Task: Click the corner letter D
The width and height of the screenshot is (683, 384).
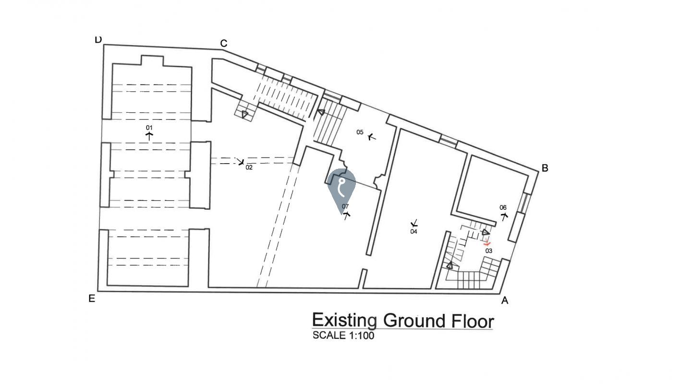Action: [x=98, y=40]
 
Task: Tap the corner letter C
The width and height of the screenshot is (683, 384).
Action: [x=223, y=44]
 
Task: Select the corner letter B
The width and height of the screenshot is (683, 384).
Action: [x=545, y=168]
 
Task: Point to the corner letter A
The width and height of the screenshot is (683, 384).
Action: [x=505, y=300]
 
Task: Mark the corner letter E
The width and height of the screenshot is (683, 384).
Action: [x=92, y=299]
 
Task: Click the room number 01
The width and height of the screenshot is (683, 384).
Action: [x=149, y=127]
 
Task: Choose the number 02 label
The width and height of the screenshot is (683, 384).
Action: [x=249, y=168]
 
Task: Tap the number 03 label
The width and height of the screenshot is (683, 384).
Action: [x=489, y=251]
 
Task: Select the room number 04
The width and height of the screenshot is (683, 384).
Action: [x=414, y=231]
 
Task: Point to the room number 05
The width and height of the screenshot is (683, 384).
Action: [x=360, y=132]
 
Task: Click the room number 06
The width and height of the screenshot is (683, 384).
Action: [x=503, y=207]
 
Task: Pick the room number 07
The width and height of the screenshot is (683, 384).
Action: [x=345, y=206]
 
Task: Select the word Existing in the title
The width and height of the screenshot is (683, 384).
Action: [x=344, y=321]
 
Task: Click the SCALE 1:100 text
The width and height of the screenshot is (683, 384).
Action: [x=343, y=336]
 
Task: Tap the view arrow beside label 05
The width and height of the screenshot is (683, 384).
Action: [x=371, y=137]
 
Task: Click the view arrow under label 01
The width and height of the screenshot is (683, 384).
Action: [x=149, y=136]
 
